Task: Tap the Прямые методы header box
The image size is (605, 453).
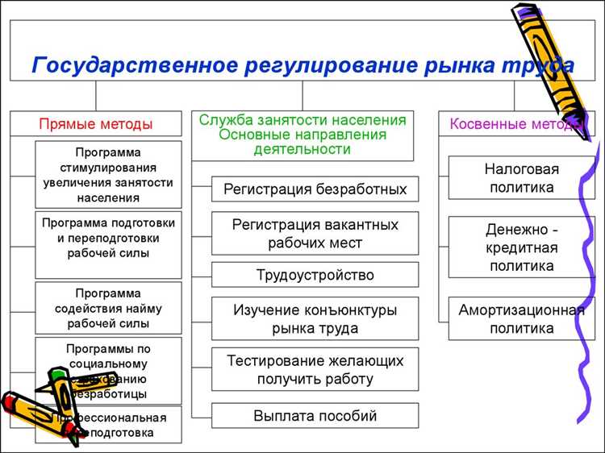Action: point(96,124)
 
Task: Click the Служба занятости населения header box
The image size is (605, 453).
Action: point(302,135)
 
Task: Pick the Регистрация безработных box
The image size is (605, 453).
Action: point(315,190)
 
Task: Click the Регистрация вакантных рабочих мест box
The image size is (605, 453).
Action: point(315,232)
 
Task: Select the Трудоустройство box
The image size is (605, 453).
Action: point(315,275)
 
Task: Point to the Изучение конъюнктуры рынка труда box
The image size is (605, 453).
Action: point(315,318)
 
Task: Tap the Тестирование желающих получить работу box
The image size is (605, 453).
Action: point(315,369)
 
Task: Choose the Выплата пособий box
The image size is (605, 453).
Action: point(315,416)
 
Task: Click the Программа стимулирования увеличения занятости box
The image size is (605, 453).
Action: point(108,175)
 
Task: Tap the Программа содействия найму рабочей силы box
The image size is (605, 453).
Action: point(108,308)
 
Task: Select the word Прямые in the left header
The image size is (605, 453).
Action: point(65,124)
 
